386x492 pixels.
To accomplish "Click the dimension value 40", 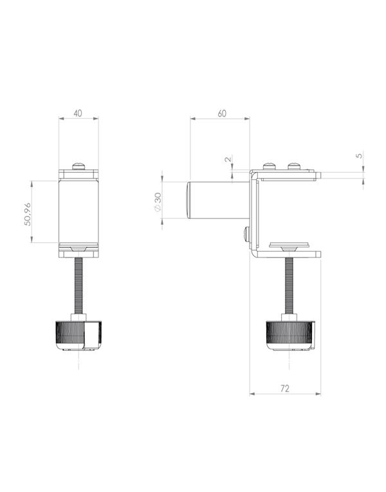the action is click(x=78, y=113).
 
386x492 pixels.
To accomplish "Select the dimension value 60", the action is click(x=222, y=113).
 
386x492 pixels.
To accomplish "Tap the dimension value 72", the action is click(x=285, y=389).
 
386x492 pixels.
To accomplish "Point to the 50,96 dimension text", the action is click(x=28, y=214).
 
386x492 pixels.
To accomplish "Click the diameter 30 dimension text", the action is click(x=158, y=202).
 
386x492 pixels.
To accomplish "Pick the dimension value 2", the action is click(x=228, y=159).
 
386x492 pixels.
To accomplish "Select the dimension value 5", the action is click(x=359, y=155).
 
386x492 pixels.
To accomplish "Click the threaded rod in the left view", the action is click(x=78, y=286).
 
